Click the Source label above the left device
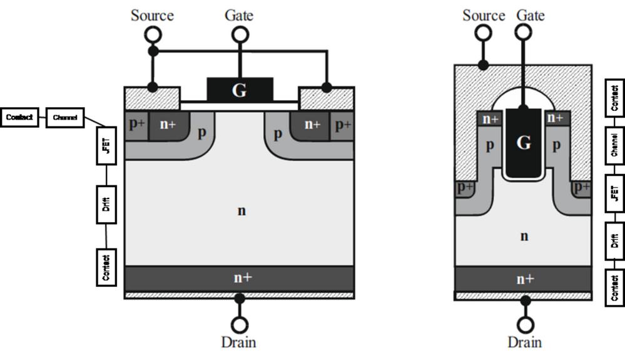(152, 15)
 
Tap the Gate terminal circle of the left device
(239, 35)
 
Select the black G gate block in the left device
(240, 90)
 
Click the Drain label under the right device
(524, 342)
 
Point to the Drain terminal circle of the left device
(239, 324)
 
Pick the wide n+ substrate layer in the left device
(240, 278)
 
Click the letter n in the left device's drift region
(241, 211)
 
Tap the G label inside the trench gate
(524, 143)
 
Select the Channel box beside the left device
(65, 117)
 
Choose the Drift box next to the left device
(106, 203)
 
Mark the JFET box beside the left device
(106, 146)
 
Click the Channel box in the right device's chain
(614, 144)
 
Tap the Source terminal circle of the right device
(483, 33)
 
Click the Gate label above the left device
(239, 15)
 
